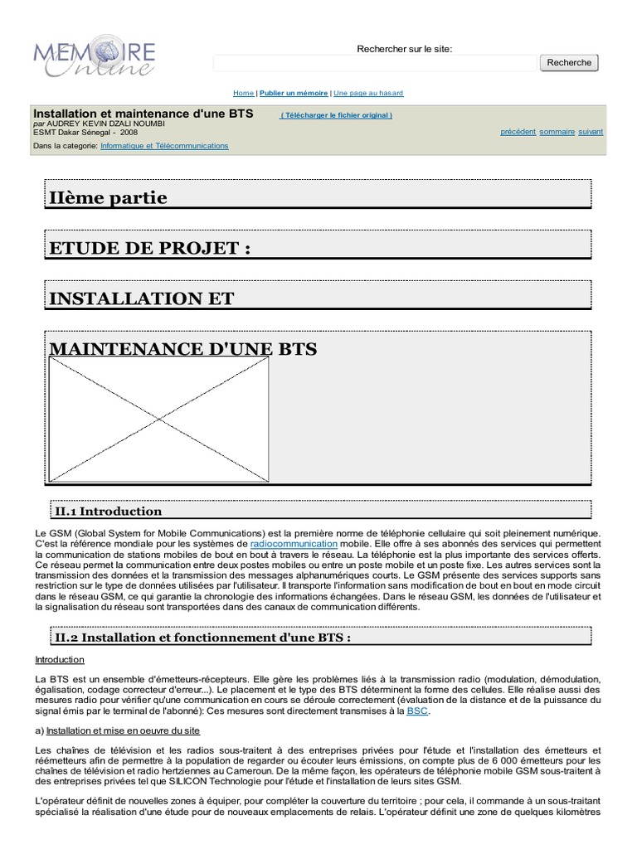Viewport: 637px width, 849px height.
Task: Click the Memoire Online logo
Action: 94,56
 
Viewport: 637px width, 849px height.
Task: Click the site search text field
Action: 374,63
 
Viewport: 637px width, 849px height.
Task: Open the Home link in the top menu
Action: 243,94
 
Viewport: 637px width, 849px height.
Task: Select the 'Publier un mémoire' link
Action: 294,94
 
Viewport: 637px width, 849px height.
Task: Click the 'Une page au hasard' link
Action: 368,94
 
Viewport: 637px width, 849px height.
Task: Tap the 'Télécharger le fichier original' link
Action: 336,115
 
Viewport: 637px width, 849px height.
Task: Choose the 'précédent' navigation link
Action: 518,132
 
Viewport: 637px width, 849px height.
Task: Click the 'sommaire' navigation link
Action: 557,132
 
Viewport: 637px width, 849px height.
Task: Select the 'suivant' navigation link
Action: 591,132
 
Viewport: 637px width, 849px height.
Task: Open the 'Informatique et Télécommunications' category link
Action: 164,146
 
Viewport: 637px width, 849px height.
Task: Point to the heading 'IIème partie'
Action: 109,198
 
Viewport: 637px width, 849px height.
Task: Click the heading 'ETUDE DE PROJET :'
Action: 149,249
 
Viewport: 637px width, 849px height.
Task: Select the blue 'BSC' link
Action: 418,711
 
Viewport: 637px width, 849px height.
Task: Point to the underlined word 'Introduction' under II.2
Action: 60,660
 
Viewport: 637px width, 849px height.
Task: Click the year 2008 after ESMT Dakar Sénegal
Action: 129,132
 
